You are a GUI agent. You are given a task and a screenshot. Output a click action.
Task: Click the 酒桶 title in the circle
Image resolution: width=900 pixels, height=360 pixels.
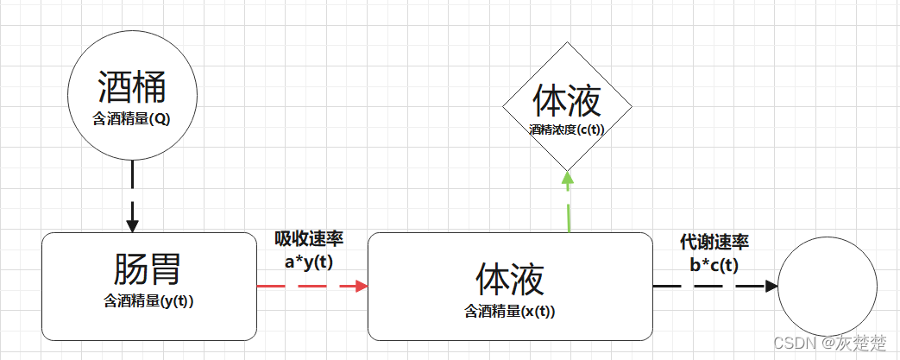tap(132, 89)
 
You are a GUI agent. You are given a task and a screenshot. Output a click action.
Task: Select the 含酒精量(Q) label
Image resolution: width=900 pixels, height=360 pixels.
tap(132, 119)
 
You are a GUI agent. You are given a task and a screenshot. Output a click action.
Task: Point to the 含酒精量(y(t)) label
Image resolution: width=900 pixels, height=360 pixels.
tap(148, 301)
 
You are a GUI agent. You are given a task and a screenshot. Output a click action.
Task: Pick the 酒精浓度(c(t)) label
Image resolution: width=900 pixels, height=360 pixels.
tap(567, 129)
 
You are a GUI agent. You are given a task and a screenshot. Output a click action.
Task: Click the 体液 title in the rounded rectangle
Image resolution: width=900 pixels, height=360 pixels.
tap(510, 280)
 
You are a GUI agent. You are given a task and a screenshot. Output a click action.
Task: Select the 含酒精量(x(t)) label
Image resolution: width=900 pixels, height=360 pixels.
tap(510, 311)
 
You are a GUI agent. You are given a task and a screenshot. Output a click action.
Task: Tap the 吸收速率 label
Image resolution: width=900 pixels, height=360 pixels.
tap(309, 239)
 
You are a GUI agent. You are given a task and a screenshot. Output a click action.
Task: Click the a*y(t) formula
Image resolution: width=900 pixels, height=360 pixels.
tap(309, 262)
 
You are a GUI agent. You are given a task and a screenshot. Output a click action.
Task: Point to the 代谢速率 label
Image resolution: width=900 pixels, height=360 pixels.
tap(714, 242)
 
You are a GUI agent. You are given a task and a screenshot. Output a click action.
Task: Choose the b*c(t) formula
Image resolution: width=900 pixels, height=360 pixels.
tap(714, 265)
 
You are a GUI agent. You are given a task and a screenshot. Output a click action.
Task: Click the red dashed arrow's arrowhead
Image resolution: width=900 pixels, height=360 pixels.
tap(360, 286)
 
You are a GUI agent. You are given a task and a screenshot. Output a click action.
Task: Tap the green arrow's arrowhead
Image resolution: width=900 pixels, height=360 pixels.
tap(568, 179)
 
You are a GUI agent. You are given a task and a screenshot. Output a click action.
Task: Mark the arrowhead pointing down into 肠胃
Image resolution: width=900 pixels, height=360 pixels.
tap(132, 225)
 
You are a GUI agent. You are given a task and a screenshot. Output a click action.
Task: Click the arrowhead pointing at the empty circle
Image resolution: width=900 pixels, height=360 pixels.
tap(770, 286)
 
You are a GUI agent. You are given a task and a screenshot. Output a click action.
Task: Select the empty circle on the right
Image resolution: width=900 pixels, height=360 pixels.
tap(828, 287)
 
